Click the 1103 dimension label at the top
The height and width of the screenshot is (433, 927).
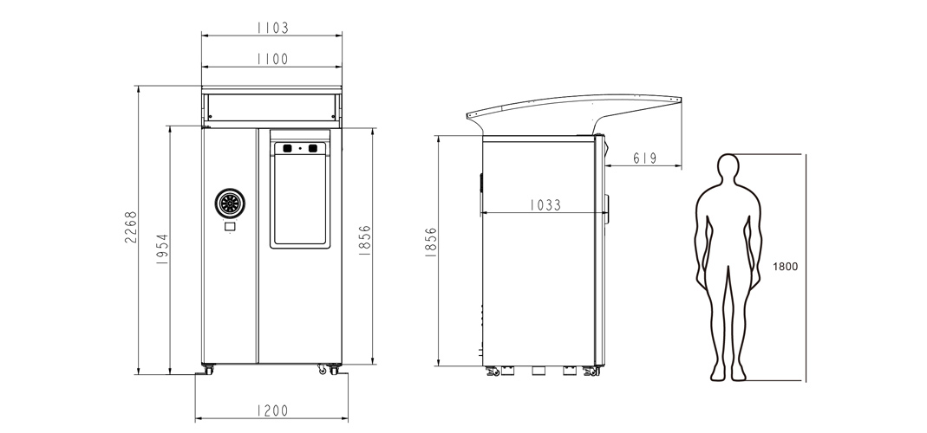tap(272, 28)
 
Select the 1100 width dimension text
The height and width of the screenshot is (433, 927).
tap(272, 59)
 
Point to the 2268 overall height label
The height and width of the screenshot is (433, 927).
tap(131, 228)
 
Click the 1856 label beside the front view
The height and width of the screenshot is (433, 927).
tap(365, 240)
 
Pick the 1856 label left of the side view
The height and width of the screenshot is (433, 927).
tap(430, 242)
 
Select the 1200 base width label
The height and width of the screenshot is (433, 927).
tap(272, 410)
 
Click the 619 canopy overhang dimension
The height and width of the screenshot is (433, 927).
tap(645, 158)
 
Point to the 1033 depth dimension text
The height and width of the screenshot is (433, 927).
tap(545, 205)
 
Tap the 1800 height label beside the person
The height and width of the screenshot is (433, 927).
tap(785, 267)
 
